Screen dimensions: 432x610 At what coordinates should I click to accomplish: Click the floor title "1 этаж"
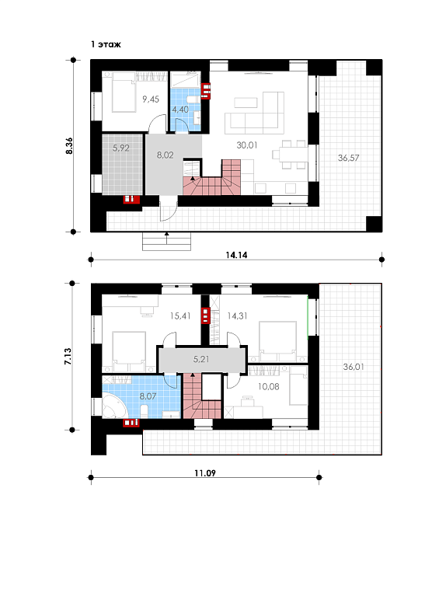tap(106, 44)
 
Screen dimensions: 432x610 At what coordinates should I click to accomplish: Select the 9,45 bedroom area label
tap(151, 99)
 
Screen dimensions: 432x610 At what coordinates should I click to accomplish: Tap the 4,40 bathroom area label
tap(180, 110)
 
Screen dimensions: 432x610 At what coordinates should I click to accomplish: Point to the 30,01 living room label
tap(247, 145)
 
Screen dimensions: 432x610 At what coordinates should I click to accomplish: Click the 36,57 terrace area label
tap(348, 158)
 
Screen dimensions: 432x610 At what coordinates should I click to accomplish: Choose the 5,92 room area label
tap(121, 148)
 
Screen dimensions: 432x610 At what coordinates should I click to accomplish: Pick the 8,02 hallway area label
tap(165, 155)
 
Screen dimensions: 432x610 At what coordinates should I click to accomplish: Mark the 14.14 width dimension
tap(236, 255)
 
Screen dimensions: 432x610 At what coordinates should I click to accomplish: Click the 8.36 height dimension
tap(69, 146)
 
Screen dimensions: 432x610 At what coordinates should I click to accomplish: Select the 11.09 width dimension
tap(205, 473)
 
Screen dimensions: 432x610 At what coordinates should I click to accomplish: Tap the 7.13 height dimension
tap(68, 357)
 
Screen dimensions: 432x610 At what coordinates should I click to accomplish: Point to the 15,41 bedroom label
tap(180, 316)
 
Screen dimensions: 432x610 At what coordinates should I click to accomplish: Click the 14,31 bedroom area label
tap(237, 316)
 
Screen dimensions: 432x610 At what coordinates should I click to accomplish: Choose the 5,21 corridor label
tap(201, 359)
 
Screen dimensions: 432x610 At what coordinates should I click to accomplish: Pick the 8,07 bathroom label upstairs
tap(148, 396)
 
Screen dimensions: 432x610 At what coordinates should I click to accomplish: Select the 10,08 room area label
tap(268, 387)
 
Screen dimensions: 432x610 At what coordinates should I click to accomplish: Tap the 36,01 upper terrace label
tap(354, 367)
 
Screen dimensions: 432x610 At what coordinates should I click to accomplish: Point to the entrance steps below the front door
tap(167, 241)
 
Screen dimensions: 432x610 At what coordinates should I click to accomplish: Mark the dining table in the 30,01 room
tap(287, 155)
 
